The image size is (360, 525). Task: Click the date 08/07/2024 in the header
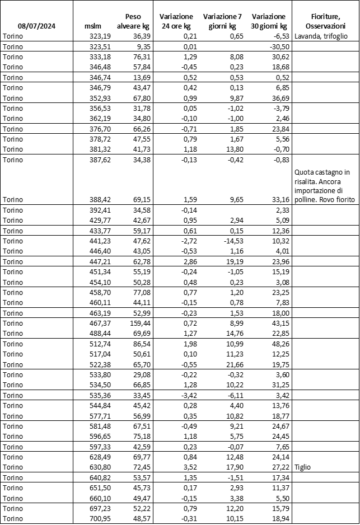pos(36,26)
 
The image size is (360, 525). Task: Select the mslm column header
pos(92,26)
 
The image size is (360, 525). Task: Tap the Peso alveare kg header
pos(133,21)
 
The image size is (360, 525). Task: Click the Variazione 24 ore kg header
pos(176,21)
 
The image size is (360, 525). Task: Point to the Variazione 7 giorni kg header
pos(221,21)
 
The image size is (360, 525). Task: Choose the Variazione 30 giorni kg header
pos(268,21)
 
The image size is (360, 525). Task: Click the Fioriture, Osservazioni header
pos(326,21)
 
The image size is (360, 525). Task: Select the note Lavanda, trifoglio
pos(319,36)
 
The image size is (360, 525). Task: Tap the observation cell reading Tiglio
pos(303,467)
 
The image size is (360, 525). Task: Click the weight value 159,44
pos(139,323)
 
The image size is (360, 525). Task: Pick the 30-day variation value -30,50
pos(277,46)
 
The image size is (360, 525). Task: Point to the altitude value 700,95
pos(101,518)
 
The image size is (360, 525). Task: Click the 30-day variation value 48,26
pos(278,343)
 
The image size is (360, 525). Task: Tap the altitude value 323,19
pos(101,36)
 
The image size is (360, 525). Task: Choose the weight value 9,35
pos(143,46)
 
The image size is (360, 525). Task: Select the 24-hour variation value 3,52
pos(188,467)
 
